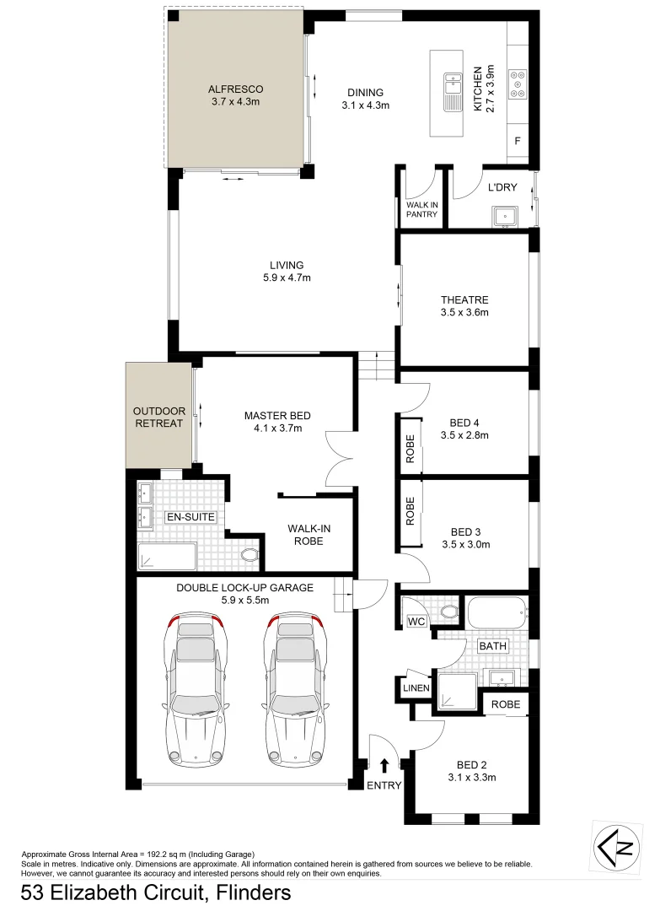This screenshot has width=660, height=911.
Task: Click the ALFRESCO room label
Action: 235,89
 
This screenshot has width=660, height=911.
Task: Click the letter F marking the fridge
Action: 518,140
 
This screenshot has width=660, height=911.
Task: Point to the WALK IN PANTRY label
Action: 421,209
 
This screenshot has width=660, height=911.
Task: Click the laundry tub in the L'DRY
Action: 505,215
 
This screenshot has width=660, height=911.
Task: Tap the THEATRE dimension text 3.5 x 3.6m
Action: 464,313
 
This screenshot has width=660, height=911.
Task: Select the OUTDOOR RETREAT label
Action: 158,418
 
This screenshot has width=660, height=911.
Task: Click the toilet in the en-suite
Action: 250,554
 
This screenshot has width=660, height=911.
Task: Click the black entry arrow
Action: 384,765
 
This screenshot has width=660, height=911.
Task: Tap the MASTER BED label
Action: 277,416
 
